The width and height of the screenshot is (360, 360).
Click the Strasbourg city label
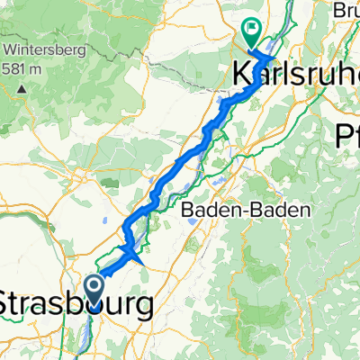[76, 303]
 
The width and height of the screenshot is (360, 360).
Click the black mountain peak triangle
[21, 90]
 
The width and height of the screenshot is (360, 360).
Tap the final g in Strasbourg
[141, 306]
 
